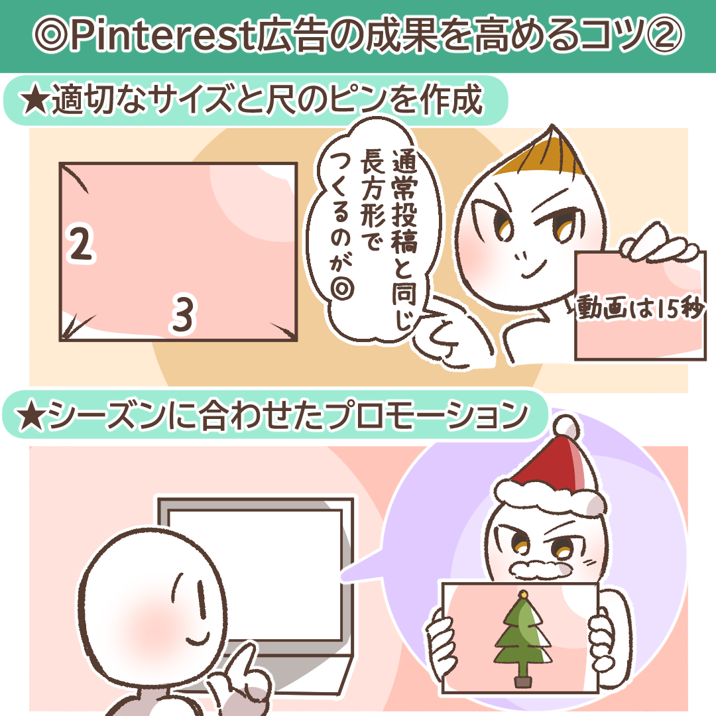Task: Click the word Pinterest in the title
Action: [x=162, y=35]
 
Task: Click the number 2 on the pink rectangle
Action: [x=81, y=243]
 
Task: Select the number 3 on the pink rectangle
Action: [x=184, y=314]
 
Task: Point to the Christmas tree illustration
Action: [x=523, y=639]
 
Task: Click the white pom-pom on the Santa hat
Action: [x=567, y=428]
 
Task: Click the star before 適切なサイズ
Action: [x=34, y=99]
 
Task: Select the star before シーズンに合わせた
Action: [x=31, y=416]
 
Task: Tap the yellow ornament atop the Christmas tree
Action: [x=523, y=595]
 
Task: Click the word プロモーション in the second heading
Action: [x=428, y=416]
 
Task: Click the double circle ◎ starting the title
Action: [x=51, y=35]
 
